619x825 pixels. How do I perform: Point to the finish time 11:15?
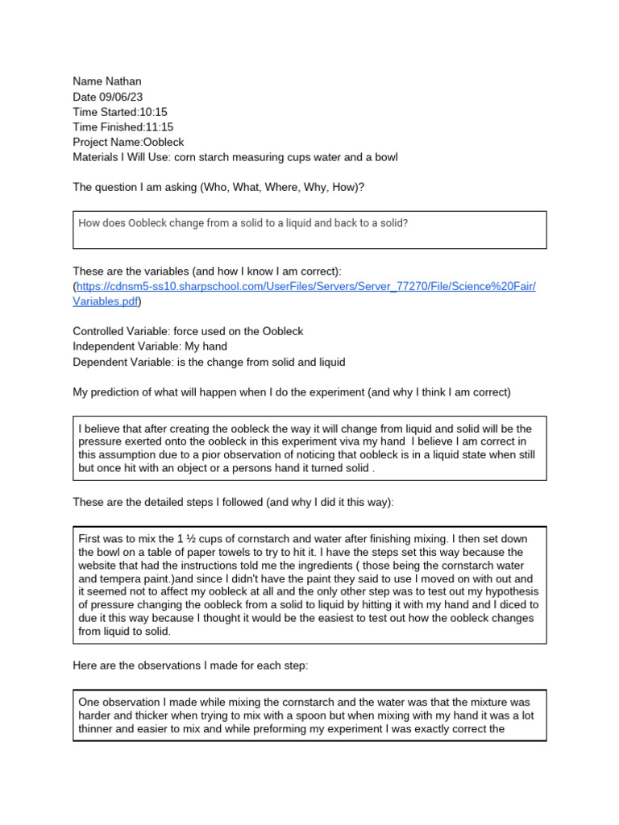coord(159,127)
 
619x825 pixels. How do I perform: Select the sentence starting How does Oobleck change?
coord(243,222)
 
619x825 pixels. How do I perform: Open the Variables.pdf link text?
coord(105,301)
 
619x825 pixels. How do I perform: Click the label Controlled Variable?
coord(119,332)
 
